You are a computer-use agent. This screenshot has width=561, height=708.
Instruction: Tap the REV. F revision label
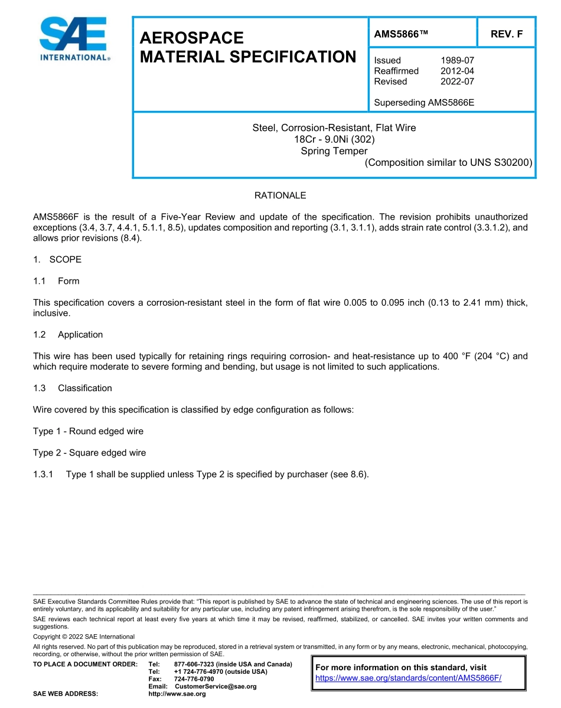(506, 34)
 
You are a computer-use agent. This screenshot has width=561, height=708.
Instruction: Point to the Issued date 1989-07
(457, 60)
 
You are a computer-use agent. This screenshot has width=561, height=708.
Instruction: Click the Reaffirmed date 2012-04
(457, 71)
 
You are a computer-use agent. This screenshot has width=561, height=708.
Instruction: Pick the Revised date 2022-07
(457, 81)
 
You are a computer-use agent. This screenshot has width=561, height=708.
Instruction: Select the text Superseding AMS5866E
(424, 103)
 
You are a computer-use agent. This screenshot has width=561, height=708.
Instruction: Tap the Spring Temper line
(334, 150)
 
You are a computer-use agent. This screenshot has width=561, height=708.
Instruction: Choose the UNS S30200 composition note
(449, 162)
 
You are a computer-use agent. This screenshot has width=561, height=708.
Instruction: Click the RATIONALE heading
(280, 195)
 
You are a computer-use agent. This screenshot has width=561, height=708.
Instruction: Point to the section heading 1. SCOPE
(57, 260)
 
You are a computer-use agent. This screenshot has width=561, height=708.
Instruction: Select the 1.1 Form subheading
(57, 281)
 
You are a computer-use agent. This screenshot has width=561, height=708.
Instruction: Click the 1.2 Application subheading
(68, 335)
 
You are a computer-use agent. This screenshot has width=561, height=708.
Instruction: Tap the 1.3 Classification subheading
(73, 388)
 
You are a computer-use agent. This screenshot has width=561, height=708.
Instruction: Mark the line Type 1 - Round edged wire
(88, 431)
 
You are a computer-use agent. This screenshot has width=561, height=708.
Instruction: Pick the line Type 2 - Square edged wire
(89, 453)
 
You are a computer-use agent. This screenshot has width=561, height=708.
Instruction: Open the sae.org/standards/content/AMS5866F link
(408, 678)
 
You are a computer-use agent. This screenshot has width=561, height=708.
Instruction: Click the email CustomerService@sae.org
(216, 686)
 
